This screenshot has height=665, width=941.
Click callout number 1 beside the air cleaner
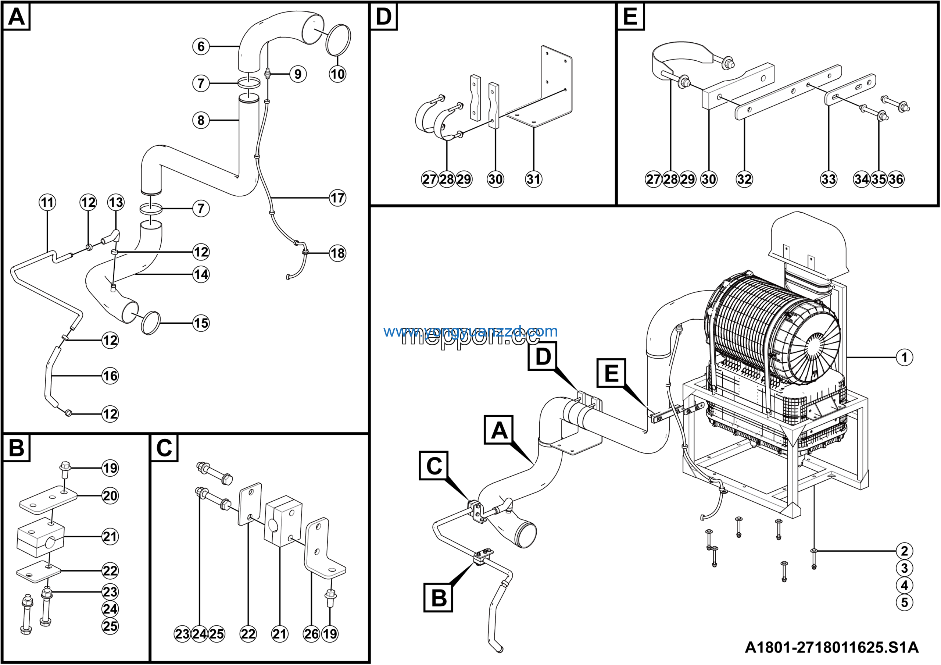[904, 357]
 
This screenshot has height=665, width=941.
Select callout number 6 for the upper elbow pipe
[201, 46]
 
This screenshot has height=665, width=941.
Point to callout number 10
[337, 74]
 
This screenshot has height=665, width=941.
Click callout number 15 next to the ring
[201, 323]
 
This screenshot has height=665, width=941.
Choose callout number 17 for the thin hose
[337, 198]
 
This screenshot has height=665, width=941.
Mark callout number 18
[337, 253]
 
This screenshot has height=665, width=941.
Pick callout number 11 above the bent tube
[47, 202]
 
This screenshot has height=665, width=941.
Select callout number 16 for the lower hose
[110, 376]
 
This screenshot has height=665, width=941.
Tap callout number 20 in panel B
[110, 496]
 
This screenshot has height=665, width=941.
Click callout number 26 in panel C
[311, 634]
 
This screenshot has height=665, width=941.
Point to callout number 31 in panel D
[533, 179]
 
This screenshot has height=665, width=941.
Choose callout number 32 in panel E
[744, 179]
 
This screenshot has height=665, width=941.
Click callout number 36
[895, 179]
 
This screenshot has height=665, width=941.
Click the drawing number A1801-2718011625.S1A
[831, 647]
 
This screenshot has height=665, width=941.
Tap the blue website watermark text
[470, 331]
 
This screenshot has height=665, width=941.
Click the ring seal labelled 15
[150, 323]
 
